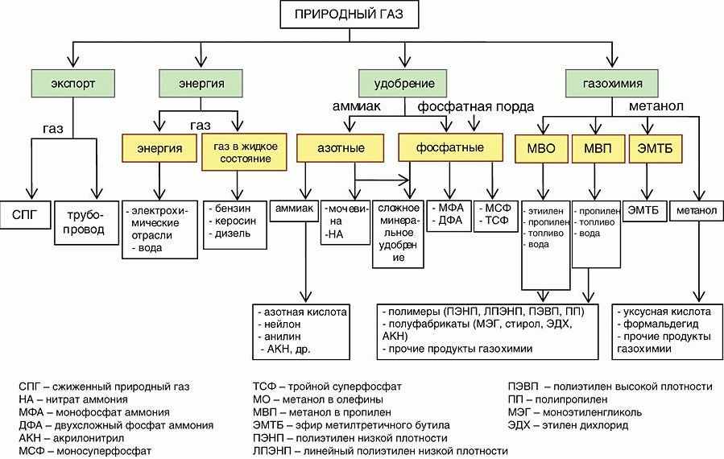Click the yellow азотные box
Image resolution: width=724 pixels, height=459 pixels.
pos(342,149)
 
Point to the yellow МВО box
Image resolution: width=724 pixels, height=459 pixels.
pos(542,149)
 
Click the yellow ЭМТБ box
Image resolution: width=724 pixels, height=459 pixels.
pos(650,149)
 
